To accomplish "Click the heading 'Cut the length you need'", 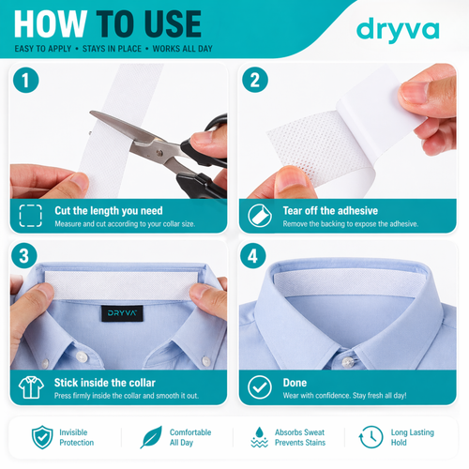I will [x=108, y=210].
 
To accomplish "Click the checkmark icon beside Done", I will [x=258, y=387].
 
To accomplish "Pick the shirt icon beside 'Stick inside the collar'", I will [x=30, y=387].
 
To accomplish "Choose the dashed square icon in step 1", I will [x=30, y=215].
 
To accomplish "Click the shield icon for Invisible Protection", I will [x=42, y=437].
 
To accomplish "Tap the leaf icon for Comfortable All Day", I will [x=151, y=437].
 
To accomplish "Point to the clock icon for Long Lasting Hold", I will [x=362, y=437].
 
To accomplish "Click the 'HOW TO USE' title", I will [x=108, y=23].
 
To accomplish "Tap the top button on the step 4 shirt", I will [x=346, y=362].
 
